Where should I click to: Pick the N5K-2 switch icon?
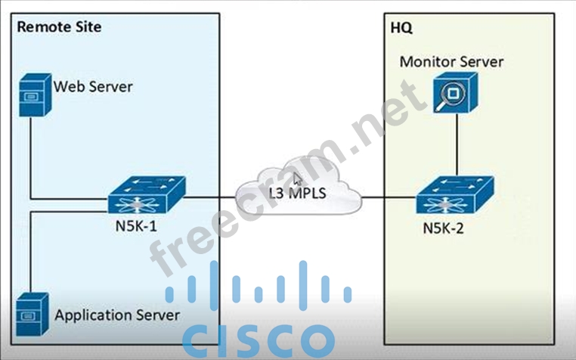pos(455,197)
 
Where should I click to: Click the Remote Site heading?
pos(59,27)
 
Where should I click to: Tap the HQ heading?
pos(401,27)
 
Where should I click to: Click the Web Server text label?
pos(92,85)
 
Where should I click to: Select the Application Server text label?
pos(117,313)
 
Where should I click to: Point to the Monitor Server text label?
pos(451,61)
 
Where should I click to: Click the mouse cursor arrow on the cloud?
pos(298,178)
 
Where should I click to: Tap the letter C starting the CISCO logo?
pos(201,340)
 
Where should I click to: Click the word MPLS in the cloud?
pos(308,194)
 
